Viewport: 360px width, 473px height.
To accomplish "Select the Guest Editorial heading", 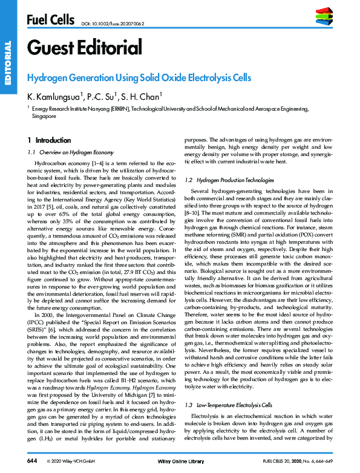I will click(x=84, y=47).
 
